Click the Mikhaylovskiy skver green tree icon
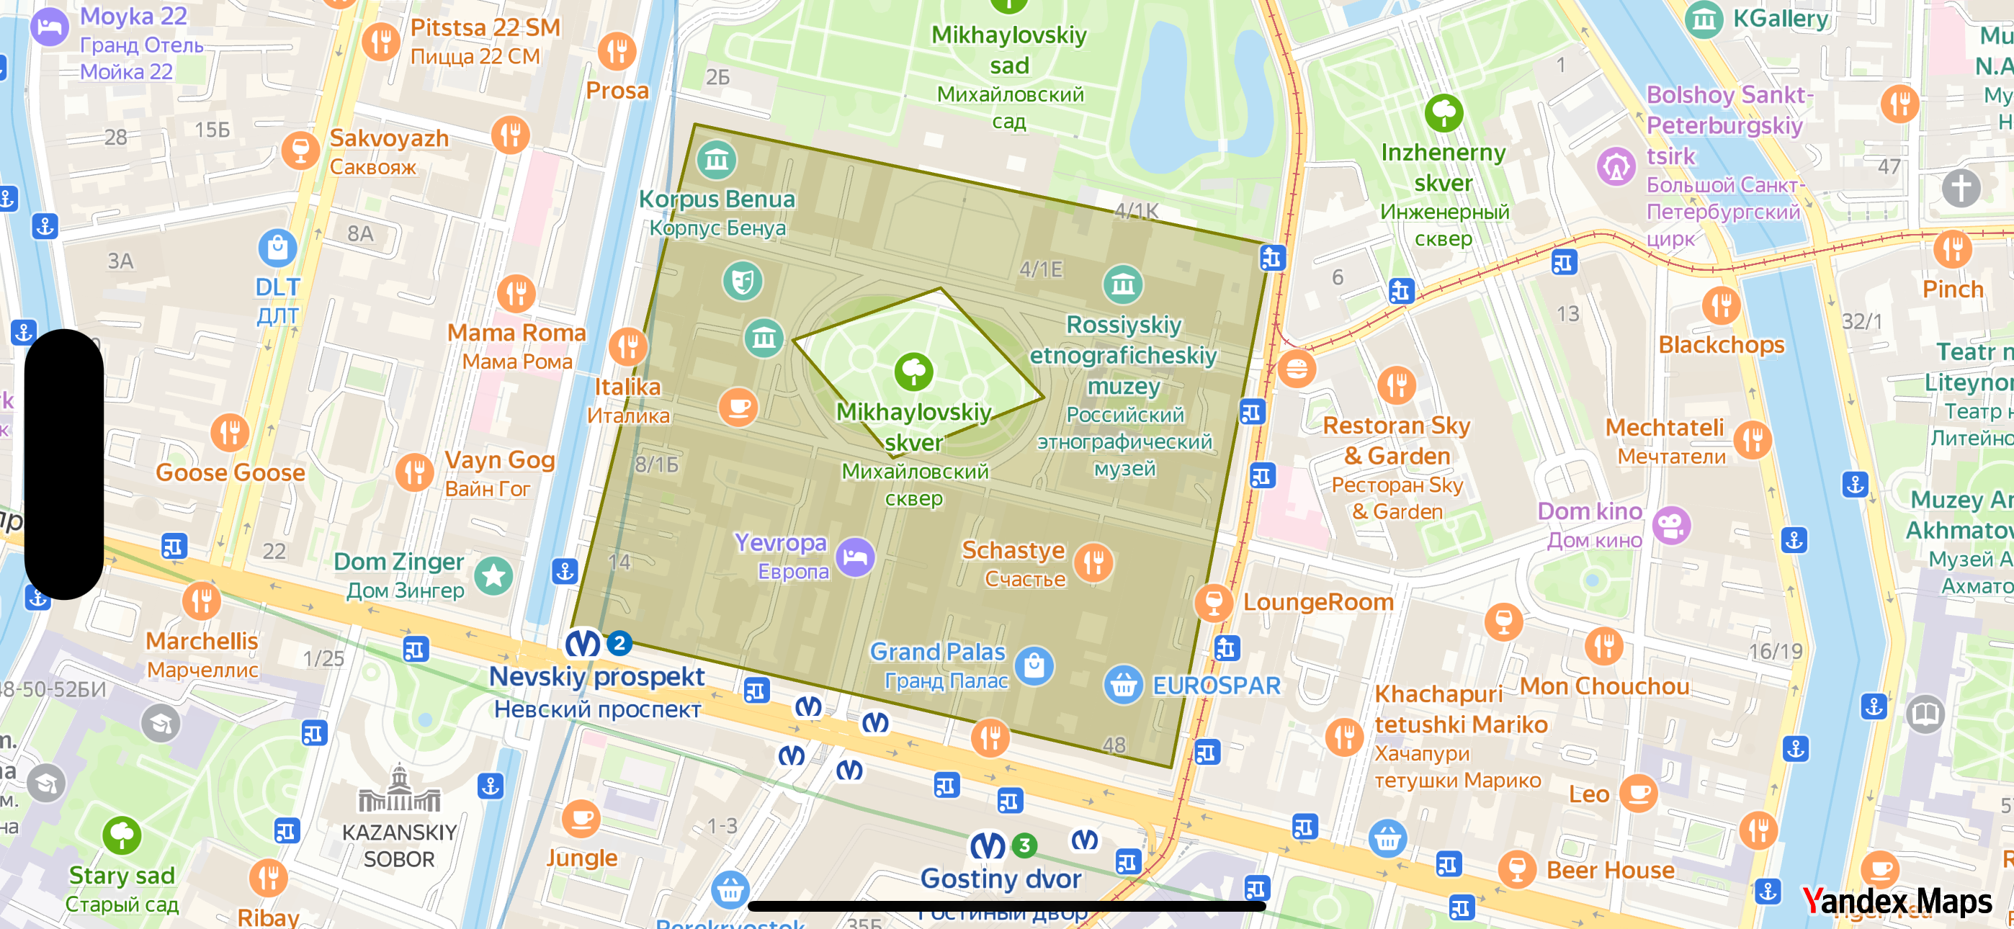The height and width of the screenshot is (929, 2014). (x=913, y=372)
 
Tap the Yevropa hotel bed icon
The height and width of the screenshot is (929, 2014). (x=855, y=557)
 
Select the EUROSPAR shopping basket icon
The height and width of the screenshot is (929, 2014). (x=1124, y=685)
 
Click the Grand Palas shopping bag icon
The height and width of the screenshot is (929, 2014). (x=1034, y=666)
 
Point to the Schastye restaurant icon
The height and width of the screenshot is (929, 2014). (x=1093, y=562)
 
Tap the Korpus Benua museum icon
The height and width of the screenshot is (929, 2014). (x=716, y=161)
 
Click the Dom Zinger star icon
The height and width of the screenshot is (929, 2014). (x=493, y=576)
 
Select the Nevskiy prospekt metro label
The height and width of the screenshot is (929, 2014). (x=596, y=677)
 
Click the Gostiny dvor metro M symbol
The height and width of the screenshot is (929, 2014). (x=988, y=845)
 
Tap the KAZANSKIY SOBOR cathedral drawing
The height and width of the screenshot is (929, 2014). (x=400, y=791)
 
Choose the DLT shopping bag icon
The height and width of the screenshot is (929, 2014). (x=277, y=248)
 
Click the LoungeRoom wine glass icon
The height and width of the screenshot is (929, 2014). (x=1214, y=603)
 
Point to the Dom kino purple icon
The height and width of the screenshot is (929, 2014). (x=1671, y=526)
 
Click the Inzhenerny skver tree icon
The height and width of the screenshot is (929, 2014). (x=1444, y=113)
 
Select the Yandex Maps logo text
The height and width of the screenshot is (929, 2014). (x=1897, y=902)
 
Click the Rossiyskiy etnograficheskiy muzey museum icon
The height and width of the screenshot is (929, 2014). (x=1123, y=284)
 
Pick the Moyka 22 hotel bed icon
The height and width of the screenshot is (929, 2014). (x=49, y=27)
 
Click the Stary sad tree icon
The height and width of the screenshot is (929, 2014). (x=122, y=835)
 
